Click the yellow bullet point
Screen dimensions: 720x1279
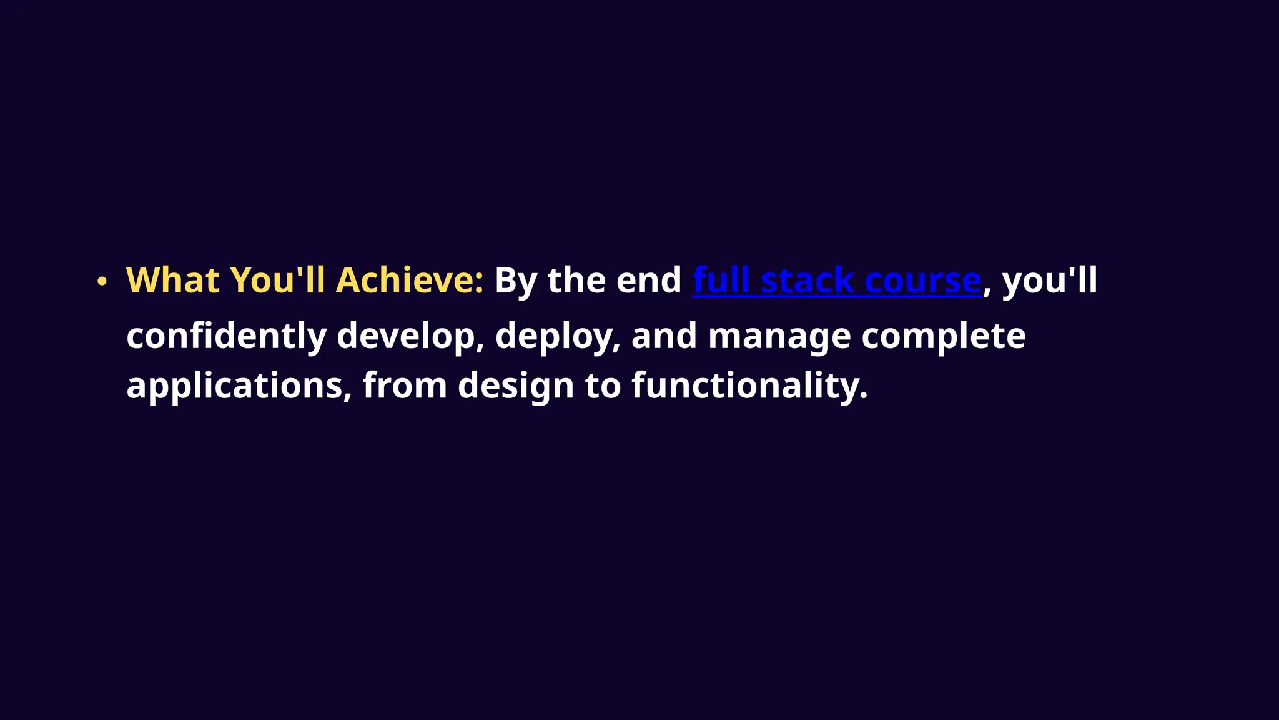(102, 282)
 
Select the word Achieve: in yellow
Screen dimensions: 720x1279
(410, 280)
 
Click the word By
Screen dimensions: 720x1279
(516, 281)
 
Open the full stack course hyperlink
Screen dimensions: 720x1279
(837, 281)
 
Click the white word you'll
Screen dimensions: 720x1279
(1049, 281)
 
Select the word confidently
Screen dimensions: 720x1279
(226, 336)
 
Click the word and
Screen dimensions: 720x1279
(664, 336)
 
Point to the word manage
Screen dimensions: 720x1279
(779, 336)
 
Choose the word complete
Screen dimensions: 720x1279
(943, 336)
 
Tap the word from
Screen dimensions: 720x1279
(405, 385)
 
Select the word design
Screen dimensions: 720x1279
(516, 386)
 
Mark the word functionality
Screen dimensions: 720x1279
(749, 386)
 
